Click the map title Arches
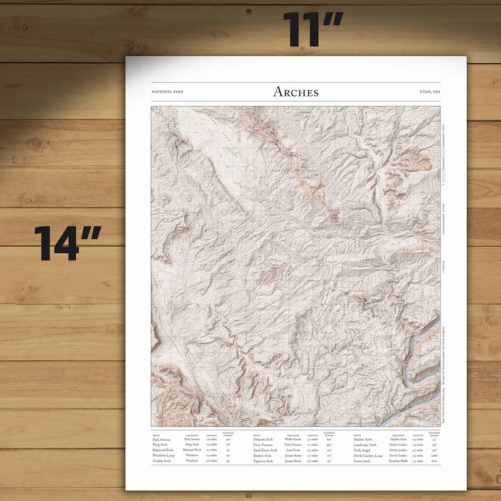coord(296,92)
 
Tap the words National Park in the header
coord(168,93)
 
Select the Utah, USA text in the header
coord(430,93)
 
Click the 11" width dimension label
coord(312,29)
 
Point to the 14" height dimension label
coord(68,243)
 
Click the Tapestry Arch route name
coord(264,461)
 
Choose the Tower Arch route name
coord(362,461)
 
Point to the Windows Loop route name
coord(164,455)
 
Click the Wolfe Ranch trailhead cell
coord(293,440)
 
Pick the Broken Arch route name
coord(263,455)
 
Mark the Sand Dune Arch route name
coord(266,450)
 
